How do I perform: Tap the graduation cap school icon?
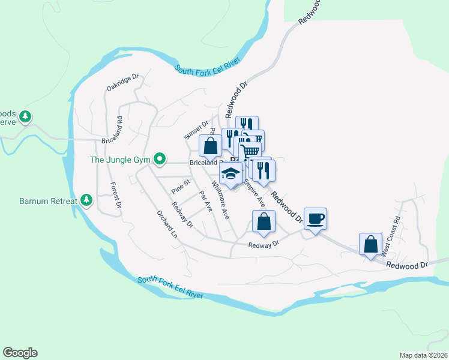pyautogui.click(x=231, y=173)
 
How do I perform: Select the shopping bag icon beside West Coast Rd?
pyautogui.click(x=371, y=244)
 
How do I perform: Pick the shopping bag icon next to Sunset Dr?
pyautogui.click(x=210, y=145)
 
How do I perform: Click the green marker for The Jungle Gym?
pyautogui.click(x=159, y=159)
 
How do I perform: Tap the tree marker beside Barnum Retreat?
pyautogui.click(x=87, y=200)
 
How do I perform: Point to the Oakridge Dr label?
pyautogui.click(x=123, y=83)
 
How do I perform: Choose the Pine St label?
pyautogui.click(x=181, y=185)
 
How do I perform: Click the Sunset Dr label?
pyautogui.click(x=196, y=130)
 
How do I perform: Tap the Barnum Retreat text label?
pyautogui.click(x=48, y=201)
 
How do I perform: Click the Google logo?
pyautogui.click(x=20, y=353)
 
